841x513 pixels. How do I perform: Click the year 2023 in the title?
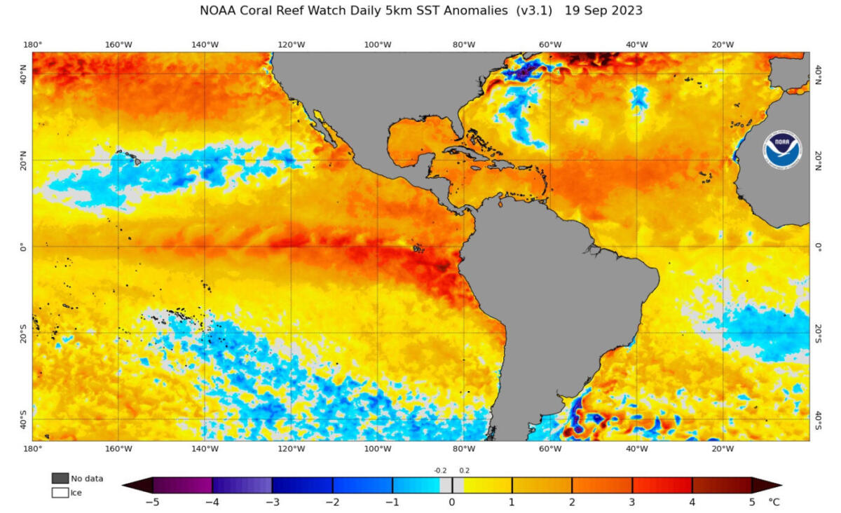point(629,11)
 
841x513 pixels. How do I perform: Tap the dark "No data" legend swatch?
point(60,478)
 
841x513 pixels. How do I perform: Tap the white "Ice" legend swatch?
point(60,493)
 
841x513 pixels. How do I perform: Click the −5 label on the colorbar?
point(151,502)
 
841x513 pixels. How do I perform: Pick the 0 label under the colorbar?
point(452,502)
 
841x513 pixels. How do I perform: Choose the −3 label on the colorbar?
point(271,502)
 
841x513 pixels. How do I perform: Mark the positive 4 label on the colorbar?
point(692,502)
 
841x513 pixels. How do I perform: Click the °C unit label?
point(774,502)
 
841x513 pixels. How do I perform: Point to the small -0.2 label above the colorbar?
point(439,470)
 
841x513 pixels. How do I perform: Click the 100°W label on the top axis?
point(377,45)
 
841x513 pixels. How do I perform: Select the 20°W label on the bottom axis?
point(723,449)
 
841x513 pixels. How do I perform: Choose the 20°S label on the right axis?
point(818,333)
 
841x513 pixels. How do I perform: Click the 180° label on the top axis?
point(33,45)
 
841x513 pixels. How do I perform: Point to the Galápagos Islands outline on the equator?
point(418,247)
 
